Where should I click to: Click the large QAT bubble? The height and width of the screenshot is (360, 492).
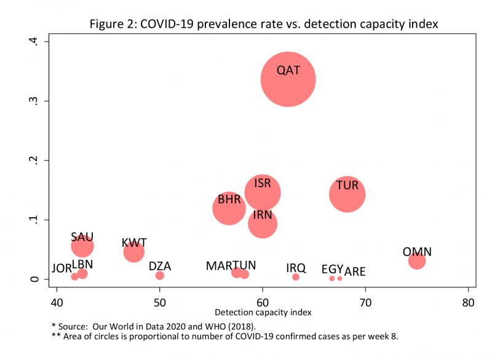tap(288, 80)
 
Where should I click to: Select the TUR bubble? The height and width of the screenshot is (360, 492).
tap(347, 194)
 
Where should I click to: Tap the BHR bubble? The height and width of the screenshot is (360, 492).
tap(229, 208)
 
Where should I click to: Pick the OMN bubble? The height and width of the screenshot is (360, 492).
tap(417, 261)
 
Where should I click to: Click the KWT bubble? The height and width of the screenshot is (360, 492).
tap(133, 251)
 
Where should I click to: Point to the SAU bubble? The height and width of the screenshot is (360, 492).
tap(82, 246)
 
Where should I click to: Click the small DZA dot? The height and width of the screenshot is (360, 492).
tap(160, 275)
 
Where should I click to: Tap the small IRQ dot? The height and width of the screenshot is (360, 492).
tap(296, 277)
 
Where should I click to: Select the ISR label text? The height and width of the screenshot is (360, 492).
tap(263, 183)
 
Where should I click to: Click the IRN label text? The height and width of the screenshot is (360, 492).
tap(263, 215)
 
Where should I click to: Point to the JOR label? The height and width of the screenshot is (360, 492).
tap(62, 268)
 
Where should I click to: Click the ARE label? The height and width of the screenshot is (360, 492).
tap(355, 271)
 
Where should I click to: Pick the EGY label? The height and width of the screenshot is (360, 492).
tap(332, 269)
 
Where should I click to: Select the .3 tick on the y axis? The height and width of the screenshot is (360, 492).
tap(36, 101)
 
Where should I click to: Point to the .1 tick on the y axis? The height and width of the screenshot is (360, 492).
tap(36, 220)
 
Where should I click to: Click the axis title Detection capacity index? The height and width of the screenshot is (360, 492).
tap(263, 313)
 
